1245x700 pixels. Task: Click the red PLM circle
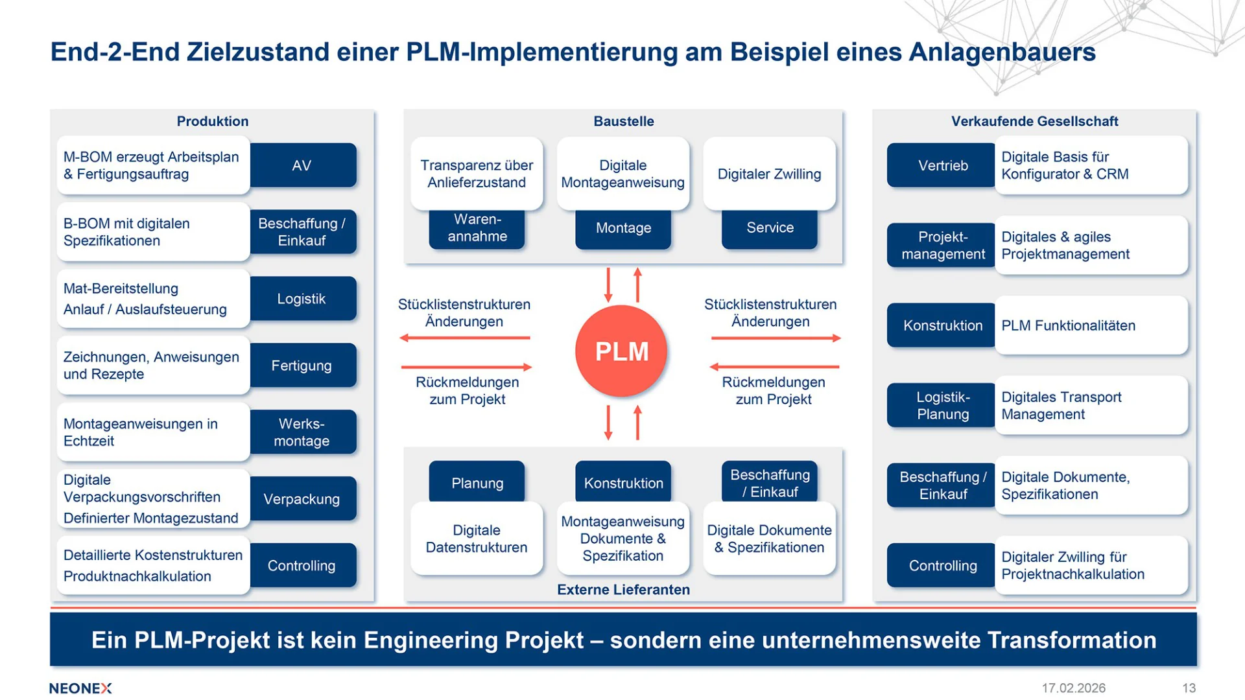coord(621,351)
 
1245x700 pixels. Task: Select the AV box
coord(302,165)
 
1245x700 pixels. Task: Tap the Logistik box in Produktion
coord(302,299)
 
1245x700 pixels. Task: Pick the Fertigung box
coord(302,366)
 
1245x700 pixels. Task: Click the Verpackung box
coord(302,499)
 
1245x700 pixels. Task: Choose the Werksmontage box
coord(302,432)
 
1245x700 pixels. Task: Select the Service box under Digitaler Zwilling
coord(770,228)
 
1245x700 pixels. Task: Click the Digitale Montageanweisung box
coord(622,174)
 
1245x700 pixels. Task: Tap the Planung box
coord(477,483)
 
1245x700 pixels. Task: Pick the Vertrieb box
coord(942,165)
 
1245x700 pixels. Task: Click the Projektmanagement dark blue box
coord(942,246)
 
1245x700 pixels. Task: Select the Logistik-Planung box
coord(942,406)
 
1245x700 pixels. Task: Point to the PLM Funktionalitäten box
coord(1091,325)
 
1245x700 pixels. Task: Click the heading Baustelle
coord(623,121)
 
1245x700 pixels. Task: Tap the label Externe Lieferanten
coord(623,590)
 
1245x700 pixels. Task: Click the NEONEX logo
coord(80,688)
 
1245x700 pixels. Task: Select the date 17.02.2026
coord(1073,688)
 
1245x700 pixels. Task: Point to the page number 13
coord(1189,688)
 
